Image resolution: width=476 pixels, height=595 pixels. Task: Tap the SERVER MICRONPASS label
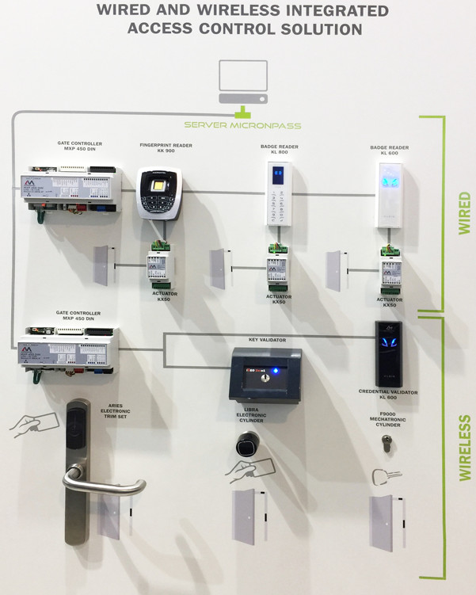(x=242, y=125)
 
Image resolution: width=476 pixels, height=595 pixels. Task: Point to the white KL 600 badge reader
(x=388, y=195)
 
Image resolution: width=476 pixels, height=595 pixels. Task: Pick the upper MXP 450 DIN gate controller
(x=69, y=190)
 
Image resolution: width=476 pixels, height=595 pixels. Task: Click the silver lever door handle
(x=103, y=482)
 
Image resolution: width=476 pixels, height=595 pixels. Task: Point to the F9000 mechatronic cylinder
(x=387, y=445)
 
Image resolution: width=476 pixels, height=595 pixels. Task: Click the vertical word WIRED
(x=464, y=212)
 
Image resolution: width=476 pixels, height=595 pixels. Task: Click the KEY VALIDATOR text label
(x=268, y=339)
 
